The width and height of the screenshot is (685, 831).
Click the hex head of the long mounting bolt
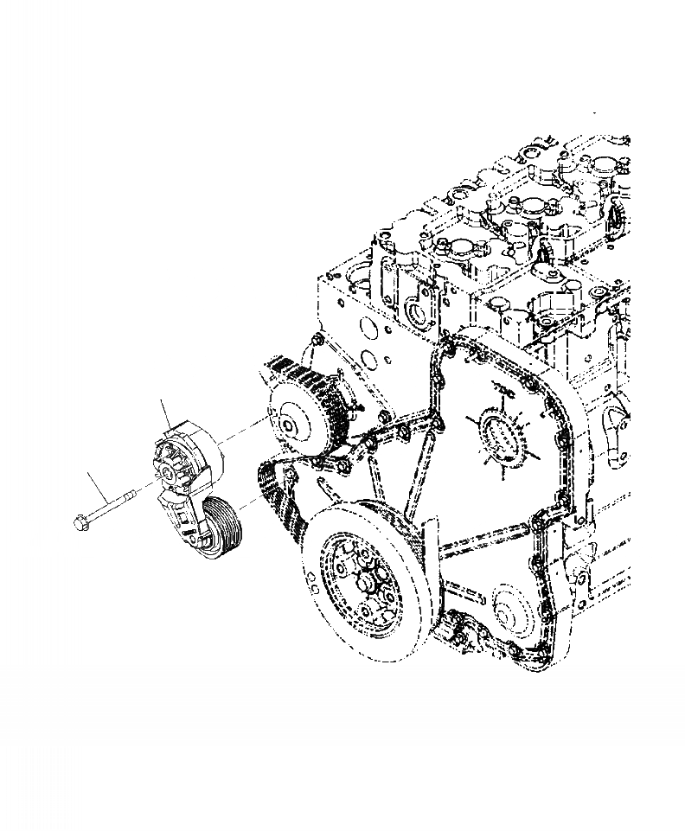coord(78,521)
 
